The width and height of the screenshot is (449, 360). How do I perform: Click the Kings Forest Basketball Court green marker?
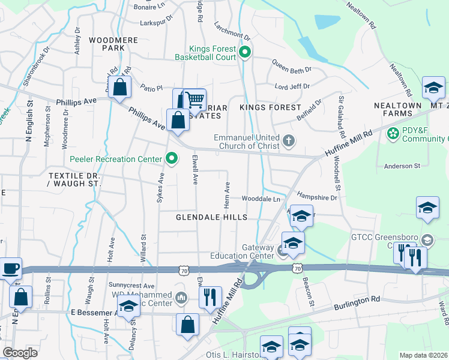coord(244,52)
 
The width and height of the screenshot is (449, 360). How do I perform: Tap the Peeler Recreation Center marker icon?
coord(172,159)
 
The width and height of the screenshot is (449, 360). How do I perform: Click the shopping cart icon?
coord(194,100)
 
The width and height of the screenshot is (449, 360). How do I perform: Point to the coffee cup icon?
coord(11,268)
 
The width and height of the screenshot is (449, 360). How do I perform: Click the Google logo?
coord(20,353)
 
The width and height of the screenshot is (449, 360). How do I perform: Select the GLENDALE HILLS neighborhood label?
coord(211,217)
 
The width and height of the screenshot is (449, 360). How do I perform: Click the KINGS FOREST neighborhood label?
coord(270,107)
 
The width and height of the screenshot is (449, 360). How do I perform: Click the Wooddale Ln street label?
coord(261,199)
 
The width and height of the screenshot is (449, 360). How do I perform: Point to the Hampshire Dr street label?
coord(318,197)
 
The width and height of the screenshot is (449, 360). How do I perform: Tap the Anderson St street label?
coord(402,166)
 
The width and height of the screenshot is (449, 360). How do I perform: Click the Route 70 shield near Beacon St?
coord(297,268)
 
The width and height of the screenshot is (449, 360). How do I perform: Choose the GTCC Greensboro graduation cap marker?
coord(427,240)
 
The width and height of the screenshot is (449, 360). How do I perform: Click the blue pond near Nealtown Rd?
coord(326,22)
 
